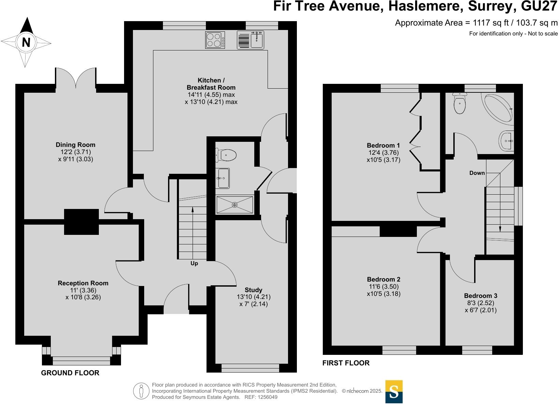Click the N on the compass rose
pyautogui.click(x=26, y=42)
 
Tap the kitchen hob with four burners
pyautogui.click(x=215, y=40)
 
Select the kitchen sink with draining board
pyautogui.click(x=250, y=40)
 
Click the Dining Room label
pyautogui.click(x=75, y=145)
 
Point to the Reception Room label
pyautogui.click(x=83, y=283)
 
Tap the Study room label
pyautogui.click(x=253, y=290)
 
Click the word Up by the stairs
pyautogui.click(x=194, y=263)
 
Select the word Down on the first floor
pyautogui.click(x=477, y=173)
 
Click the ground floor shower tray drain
pyautogui.click(x=235, y=205)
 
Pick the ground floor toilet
pyautogui.click(x=226, y=155)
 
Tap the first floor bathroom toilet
pyautogui.click(x=459, y=103)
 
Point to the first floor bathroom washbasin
pyautogui.click(x=507, y=141)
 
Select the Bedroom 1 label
pyautogui.click(x=383, y=145)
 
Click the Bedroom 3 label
pyautogui.click(x=481, y=296)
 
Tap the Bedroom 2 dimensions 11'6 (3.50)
pyautogui.click(x=384, y=286)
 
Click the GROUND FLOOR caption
pyautogui.click(x=70, y=373)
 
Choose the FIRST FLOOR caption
pyautogui.click(x=346, y=363)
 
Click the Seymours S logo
pyautogui.click(x=394, y=392)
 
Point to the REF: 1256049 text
pyautogui.click(x=261, y=397)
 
